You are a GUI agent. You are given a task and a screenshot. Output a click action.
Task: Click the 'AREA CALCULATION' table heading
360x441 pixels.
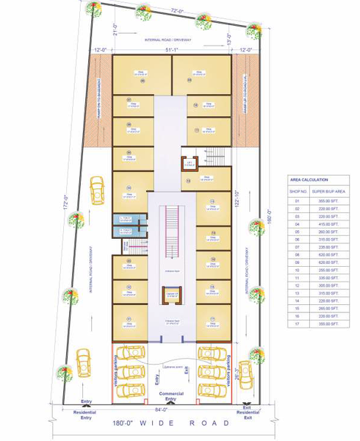coord(309,179)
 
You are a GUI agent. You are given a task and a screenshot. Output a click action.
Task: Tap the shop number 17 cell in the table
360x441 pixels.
coord(298,323)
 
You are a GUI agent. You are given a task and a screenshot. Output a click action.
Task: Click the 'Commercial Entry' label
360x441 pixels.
coord(172,395)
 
